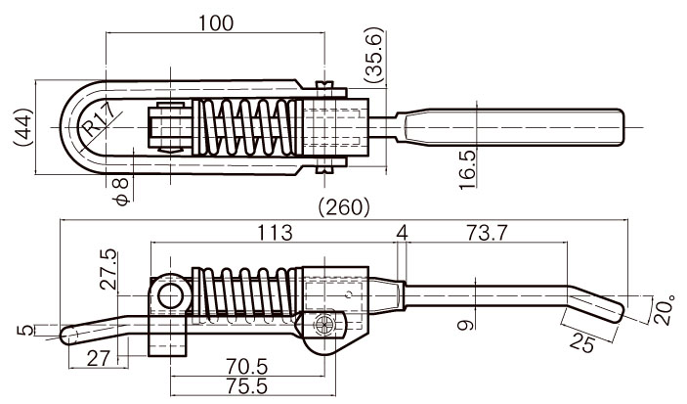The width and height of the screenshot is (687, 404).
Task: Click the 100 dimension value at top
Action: coord(216,23)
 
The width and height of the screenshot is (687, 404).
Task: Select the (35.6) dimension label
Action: coord(373,55)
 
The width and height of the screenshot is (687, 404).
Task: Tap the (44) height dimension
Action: coord(22,127)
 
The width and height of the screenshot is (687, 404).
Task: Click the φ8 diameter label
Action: coord(122,192)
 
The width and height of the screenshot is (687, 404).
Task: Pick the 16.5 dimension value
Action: coord(467,170)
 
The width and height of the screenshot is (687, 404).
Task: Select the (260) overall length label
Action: coord(344,206)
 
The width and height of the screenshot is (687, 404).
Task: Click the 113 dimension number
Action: coord(275,232)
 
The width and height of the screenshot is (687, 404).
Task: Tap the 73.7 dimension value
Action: coord(487,232)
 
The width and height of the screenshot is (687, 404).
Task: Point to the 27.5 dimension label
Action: coord(108,269)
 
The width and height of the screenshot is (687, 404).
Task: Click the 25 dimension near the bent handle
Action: coord(581,342)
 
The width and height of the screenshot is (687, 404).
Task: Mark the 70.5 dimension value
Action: coord(246,366)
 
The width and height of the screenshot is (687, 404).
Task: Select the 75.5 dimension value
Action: coord(246,386)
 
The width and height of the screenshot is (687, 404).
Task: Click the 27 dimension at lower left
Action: coord(98,358)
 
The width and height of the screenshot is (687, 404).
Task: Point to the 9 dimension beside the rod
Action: coord(465,325)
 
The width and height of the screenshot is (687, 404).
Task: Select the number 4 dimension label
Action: coord(402,232)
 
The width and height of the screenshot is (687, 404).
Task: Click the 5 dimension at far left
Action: coord(27,330)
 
